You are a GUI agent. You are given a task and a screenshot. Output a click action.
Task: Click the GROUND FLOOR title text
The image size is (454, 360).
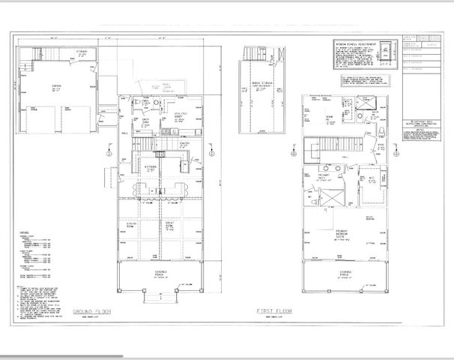pos(91,310)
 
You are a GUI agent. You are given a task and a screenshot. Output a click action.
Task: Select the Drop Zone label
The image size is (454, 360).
pos(147,124)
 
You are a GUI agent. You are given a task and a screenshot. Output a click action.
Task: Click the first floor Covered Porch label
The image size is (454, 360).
pos(345,272)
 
